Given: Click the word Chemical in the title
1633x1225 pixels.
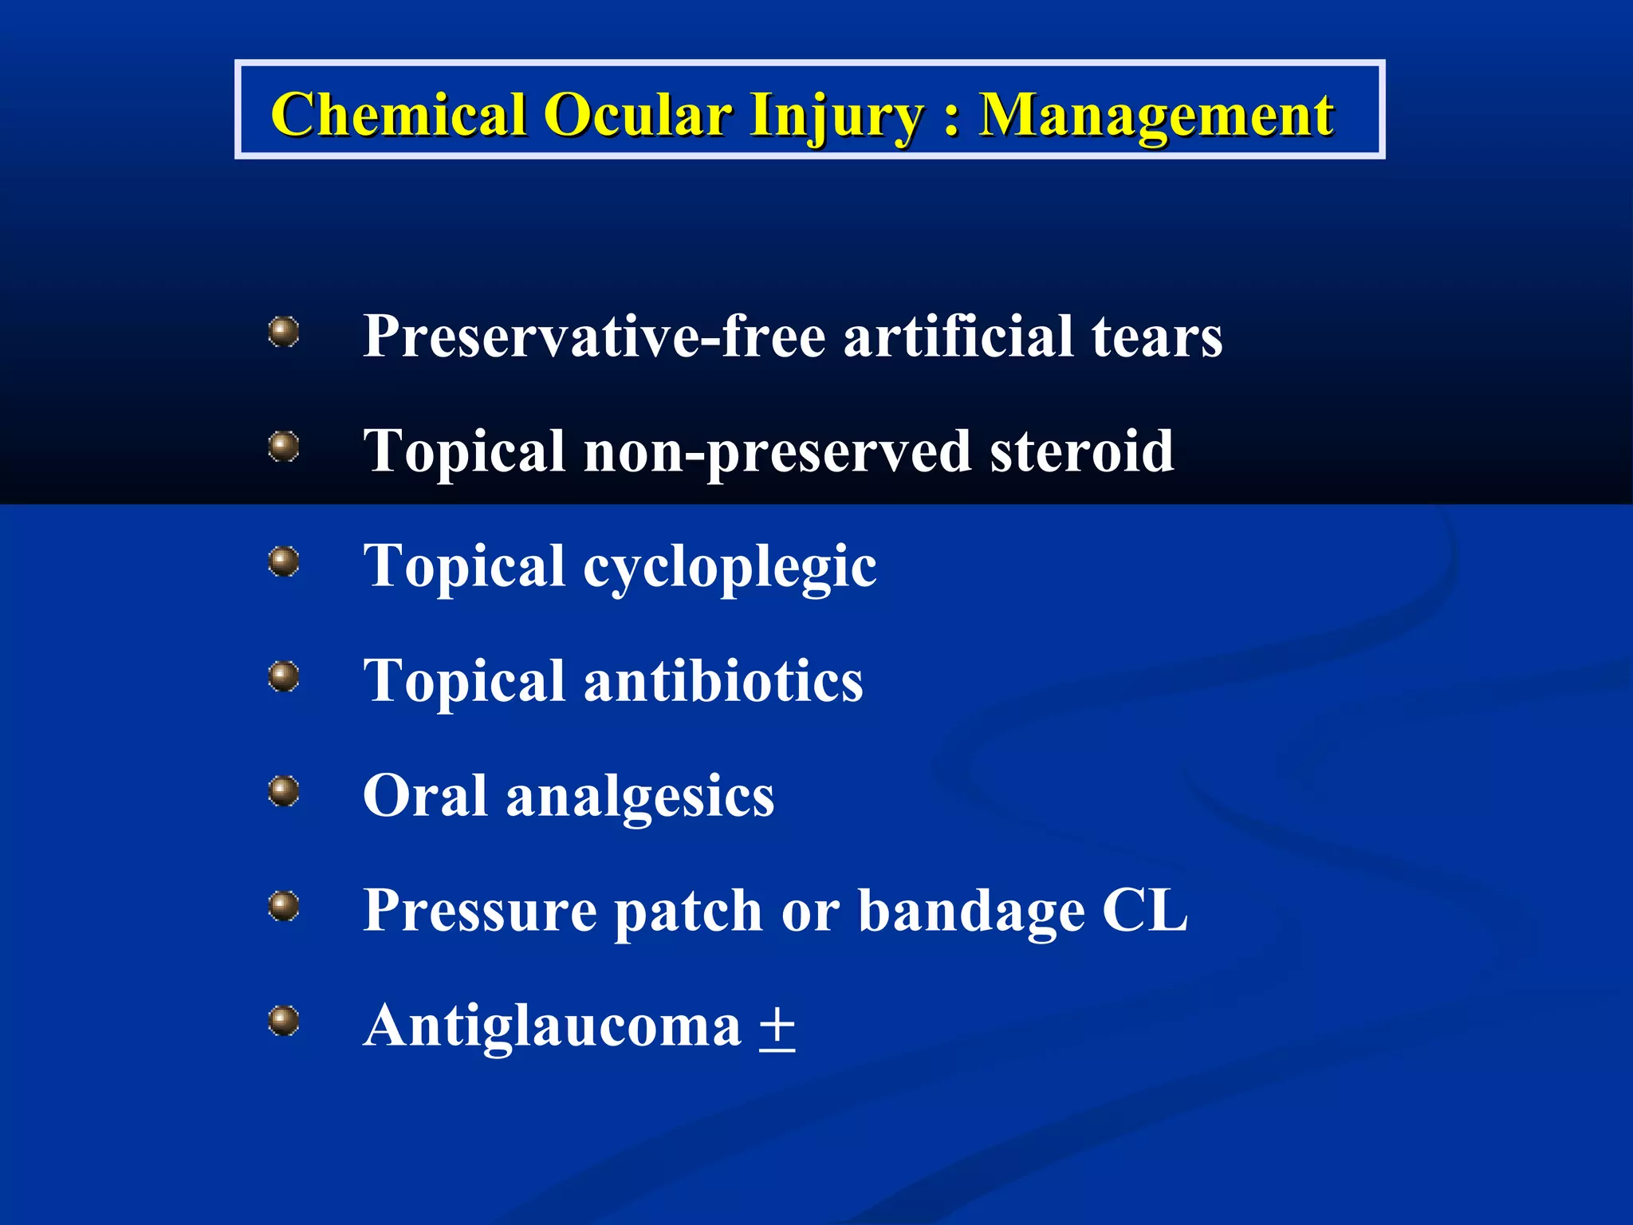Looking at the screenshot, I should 399,114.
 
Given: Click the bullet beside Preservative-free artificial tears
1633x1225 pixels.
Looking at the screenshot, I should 284,332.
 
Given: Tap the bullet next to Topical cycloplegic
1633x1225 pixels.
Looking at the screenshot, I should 284,561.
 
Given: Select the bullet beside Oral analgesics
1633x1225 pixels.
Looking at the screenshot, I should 284,791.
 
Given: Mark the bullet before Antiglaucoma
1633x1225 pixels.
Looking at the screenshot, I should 284,1021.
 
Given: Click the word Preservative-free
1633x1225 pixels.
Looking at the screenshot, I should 594,336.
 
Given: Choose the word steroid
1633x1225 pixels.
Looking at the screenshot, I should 1082,451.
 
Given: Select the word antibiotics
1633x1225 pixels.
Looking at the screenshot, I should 723,682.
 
